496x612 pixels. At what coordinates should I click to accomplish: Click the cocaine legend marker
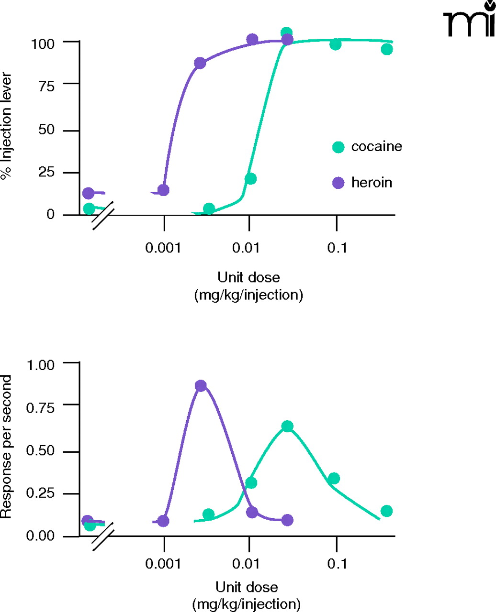point(338,147)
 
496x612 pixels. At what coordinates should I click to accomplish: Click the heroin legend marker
point(338,183)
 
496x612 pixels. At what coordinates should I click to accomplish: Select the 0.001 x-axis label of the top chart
point(163,248)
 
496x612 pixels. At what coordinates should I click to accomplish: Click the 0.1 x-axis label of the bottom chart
point(337,564)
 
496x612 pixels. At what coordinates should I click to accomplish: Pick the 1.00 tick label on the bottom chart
point(41,364)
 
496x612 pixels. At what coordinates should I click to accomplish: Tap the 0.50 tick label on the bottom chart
point(41,451)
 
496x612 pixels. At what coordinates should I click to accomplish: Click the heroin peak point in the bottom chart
point(201,386)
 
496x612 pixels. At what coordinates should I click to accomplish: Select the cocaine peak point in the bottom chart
point(287,426)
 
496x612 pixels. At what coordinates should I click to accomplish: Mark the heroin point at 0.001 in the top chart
point(163,190)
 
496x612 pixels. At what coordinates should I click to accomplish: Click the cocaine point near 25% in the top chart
point(250,179)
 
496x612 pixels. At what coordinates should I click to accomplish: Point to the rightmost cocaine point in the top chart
point(387,49)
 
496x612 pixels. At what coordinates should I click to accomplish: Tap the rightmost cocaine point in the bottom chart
point(387,511)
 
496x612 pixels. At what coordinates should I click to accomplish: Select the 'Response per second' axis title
point(6,447)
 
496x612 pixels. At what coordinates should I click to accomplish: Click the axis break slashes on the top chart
point(103,215)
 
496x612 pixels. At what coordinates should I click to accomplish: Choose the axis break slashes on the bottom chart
point(103,536)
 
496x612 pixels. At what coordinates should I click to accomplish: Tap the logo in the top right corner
point(469,23)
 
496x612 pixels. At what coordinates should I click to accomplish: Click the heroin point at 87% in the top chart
point(200,63)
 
